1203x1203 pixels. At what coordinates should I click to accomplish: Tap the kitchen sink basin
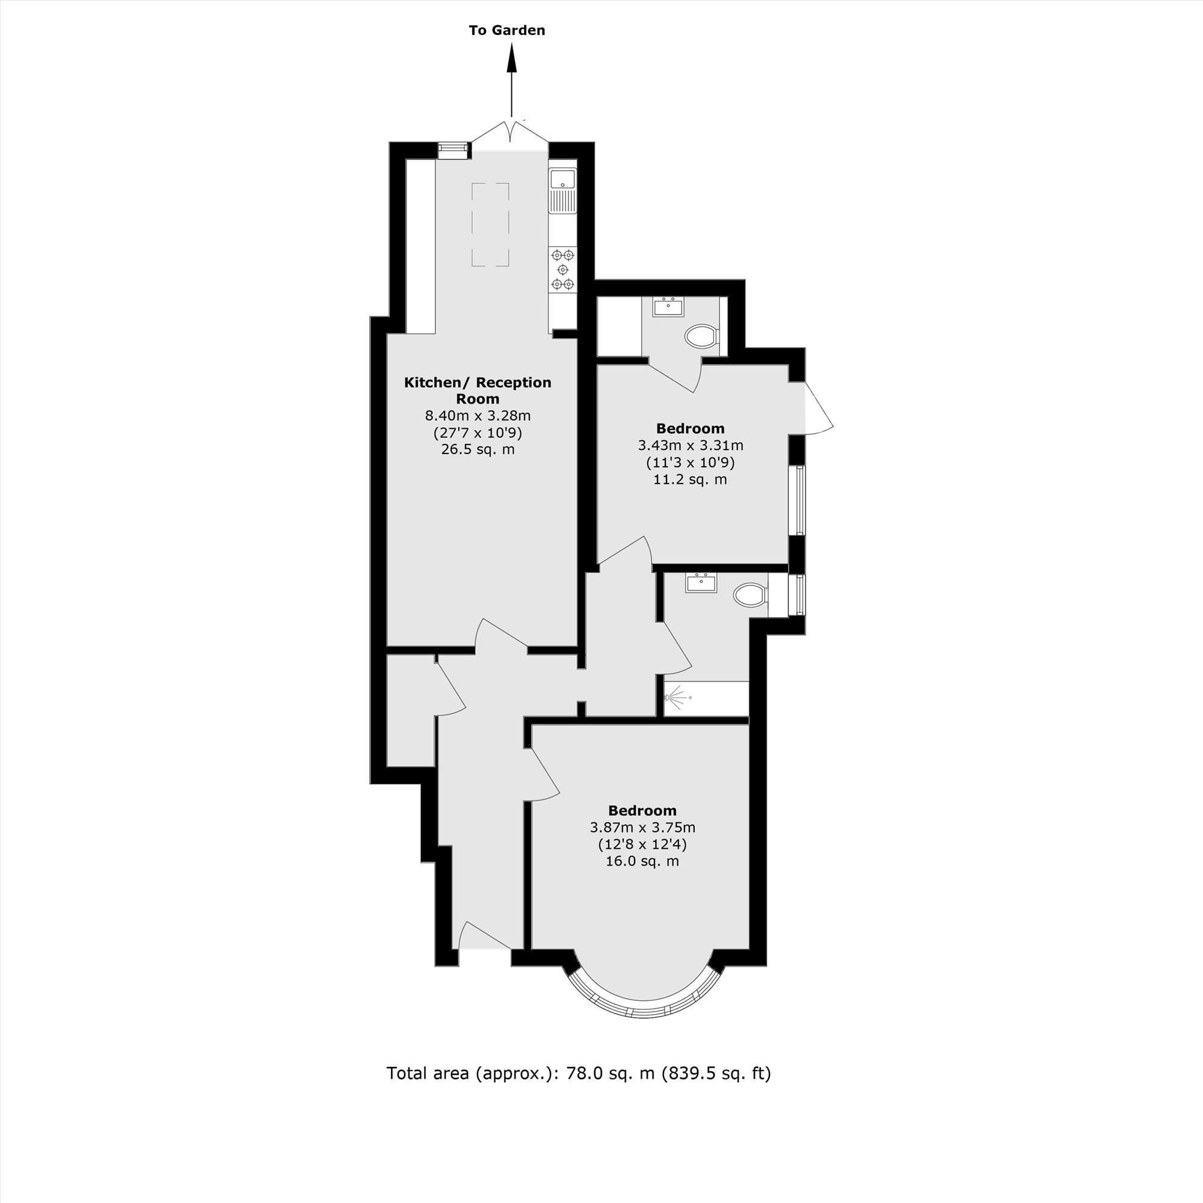click(x=562, y=179)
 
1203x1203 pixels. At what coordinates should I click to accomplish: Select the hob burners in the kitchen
click(x=563, y=269)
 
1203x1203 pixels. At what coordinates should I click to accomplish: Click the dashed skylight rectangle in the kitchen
click(x=490, y=225)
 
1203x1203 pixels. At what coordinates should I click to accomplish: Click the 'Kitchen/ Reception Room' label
click(x=478, y=390)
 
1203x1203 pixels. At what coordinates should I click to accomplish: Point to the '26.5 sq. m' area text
click(x=478, y=449)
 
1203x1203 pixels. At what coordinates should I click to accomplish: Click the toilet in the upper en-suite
click(x=701, y=337)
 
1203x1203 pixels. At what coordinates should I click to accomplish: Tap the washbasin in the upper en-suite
click(x=669, y=306)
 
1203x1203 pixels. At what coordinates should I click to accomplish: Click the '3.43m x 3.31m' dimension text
click(x=690, y=446)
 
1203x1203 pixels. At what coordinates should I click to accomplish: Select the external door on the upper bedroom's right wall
click(x=817, y=408)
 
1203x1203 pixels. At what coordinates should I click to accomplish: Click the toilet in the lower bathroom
click(x=750, y=595)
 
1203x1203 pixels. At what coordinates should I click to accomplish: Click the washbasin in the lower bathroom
click(x=701, y=583)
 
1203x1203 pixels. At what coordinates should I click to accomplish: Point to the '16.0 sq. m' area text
click(x=642, y=861)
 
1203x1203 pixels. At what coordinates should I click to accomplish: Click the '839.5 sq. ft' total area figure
click(x=715, y=1073)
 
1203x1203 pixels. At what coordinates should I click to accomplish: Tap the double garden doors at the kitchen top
click(x=510, y=132)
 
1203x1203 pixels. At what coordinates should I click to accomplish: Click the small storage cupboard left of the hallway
click(x=410, y=710)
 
